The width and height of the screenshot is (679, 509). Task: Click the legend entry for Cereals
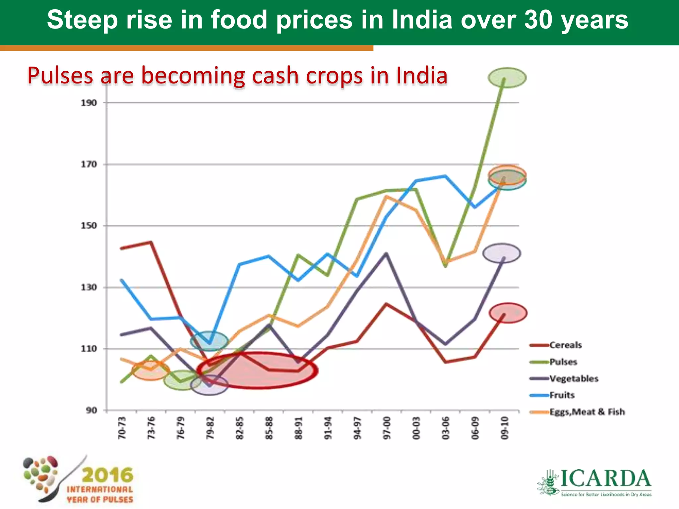565,345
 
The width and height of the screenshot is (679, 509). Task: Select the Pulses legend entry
563,362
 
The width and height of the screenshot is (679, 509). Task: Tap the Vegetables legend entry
574,378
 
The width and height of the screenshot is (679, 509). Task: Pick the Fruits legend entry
562,395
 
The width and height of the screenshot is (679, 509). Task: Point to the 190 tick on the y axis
89,103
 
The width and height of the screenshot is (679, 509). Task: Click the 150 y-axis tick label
89,226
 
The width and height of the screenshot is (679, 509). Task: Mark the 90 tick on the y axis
92,410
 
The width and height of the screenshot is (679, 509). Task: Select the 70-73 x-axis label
122,428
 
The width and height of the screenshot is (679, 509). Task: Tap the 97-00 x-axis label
387,428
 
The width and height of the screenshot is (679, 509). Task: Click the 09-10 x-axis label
504,428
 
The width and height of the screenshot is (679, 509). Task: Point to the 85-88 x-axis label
269,428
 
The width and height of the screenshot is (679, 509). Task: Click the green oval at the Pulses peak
507,78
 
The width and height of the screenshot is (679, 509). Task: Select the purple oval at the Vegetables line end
502,254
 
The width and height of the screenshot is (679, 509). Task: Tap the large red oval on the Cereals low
257,370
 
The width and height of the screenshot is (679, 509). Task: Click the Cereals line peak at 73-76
151,242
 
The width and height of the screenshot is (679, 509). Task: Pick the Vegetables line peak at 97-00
386,254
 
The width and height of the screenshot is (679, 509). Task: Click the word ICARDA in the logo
605,479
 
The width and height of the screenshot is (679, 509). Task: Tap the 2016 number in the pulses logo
107,475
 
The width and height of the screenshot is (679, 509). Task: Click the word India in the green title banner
422,20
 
